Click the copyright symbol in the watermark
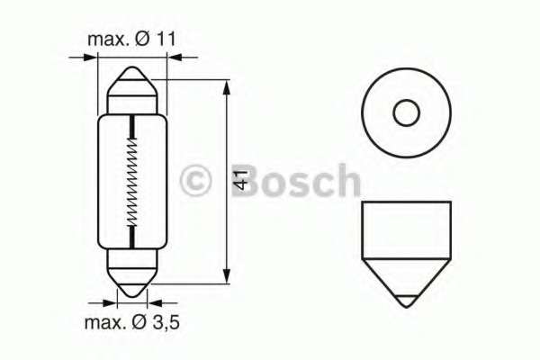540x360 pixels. tap(195, 180)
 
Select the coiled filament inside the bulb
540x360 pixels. tap(132, 181)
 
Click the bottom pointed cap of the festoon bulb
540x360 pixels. tap(132, 281)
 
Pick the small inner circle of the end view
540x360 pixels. tap(406, 113)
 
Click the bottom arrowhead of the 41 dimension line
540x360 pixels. tap(225, 276)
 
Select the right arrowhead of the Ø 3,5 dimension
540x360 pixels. tap(151, 303)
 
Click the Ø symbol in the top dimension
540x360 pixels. tap(146, 40)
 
